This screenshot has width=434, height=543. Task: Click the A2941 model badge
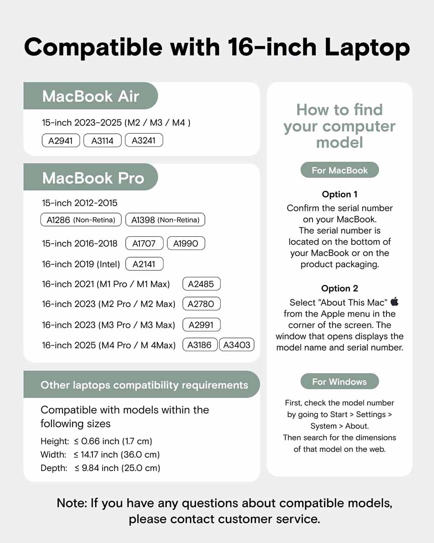pos(61,140)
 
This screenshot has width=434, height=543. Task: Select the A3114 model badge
pos(102,140)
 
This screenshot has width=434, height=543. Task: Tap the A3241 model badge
pos(144,140)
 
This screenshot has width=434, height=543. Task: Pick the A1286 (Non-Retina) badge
pos(81,220)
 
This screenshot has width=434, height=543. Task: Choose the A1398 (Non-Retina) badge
pos(165,220)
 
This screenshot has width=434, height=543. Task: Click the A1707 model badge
pos(144,243)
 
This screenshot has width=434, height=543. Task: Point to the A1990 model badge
pos(186,243)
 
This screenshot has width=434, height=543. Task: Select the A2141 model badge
pos(144,264)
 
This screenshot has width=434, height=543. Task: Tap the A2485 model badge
pos(201,284)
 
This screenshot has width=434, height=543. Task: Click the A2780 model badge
pos(201,304)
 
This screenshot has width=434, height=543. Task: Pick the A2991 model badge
pos(201,325)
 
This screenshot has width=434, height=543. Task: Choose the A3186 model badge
pos(200,345)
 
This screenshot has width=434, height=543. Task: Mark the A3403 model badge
pos(237,345)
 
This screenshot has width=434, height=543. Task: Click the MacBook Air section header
pos(91,96)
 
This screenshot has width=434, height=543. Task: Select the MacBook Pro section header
pos(93,178)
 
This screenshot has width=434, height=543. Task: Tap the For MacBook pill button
pos(340,170)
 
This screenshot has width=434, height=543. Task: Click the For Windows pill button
pos(340,381)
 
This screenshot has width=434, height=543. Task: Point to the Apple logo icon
pos(394,302)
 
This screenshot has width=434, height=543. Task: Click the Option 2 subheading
pos(340,288)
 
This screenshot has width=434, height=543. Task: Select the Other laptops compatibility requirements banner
pos(144,385)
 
